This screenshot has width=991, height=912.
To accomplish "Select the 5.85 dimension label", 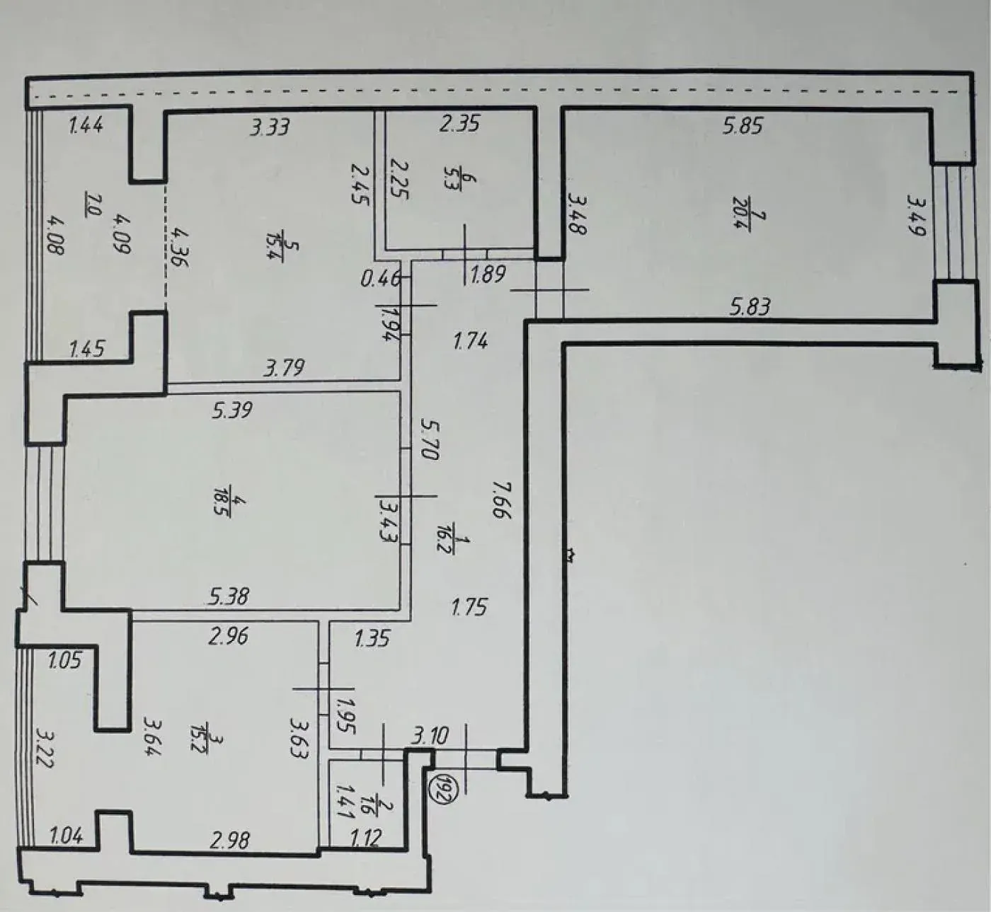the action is point(743,125).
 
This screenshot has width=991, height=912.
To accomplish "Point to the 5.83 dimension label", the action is point(750,308).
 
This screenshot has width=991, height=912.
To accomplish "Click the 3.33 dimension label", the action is point(269,127).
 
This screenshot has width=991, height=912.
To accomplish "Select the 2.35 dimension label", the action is point(459,123).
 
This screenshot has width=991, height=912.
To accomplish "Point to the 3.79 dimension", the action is point(284,368).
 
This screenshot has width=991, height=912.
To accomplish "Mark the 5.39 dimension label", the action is point(232,410).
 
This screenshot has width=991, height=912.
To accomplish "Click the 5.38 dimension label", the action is point(229,596).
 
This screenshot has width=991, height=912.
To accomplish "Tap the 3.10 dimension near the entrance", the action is point(430,737).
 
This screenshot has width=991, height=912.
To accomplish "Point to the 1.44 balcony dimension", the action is point(86,125).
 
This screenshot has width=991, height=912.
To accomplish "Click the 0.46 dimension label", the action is point(380,280).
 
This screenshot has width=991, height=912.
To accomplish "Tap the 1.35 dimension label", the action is point(372,638).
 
